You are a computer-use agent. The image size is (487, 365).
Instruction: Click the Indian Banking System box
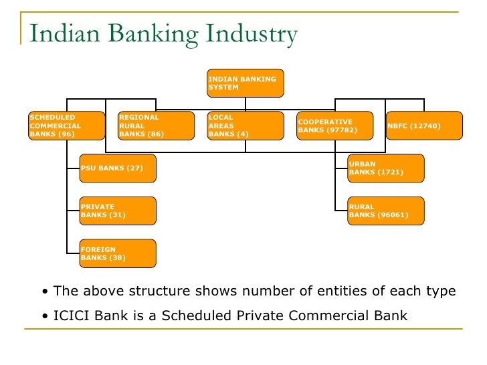point(246,84)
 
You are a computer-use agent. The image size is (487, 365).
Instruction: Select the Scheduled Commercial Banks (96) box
point(67,126)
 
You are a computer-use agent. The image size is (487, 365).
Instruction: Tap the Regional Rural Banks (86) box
point(156,126)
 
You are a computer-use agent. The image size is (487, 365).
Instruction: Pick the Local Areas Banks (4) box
point(246,126)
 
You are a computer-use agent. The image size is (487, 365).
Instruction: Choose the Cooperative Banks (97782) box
point(335,126)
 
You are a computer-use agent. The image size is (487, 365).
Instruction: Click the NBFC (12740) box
point(424,126)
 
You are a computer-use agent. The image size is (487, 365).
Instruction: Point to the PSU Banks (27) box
point(118,168)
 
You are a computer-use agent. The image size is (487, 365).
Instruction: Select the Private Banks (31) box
point(118,211)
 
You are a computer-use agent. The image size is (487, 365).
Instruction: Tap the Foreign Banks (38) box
point(118,253)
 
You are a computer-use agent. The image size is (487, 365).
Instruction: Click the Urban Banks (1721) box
point(386,168)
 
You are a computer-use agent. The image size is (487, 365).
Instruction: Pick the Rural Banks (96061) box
point(386,211)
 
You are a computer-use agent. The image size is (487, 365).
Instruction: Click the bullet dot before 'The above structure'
point(44,292)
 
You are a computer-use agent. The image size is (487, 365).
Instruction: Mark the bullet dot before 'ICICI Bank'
point(44,316)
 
